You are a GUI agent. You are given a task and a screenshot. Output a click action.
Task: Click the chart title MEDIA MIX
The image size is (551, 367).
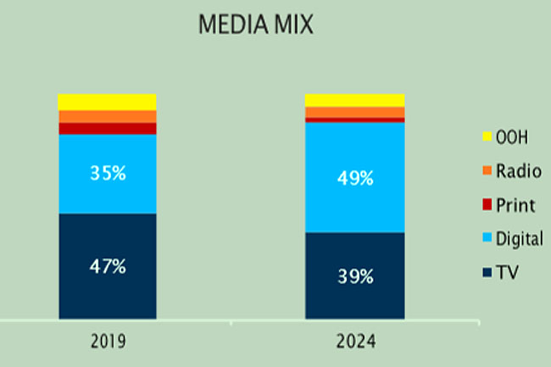coord(255,25)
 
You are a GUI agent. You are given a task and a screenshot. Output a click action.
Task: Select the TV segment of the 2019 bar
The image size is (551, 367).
coord(107,292)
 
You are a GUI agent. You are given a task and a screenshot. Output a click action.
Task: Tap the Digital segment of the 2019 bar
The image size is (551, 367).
coord(107,195)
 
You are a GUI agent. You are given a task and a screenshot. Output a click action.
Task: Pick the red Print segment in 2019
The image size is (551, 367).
coord(107,128)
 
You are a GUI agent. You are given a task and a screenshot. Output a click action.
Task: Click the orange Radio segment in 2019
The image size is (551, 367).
coord(107,116)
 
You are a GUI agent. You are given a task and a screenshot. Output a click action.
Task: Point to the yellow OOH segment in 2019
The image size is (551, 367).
coord(107,102)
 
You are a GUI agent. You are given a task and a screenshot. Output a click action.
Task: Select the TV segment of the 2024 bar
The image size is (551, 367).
coord(354,301)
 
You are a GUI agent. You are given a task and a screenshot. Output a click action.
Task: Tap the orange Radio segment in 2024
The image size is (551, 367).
coord(354,112)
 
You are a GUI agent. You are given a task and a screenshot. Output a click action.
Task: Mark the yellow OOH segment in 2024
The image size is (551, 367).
coord(354,100)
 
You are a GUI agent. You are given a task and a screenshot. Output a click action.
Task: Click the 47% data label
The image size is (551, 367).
coord(108,266)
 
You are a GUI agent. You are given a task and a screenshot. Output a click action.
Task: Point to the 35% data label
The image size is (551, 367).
coord(108,174)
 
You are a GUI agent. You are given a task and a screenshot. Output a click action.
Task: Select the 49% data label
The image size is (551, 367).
coord(355,178)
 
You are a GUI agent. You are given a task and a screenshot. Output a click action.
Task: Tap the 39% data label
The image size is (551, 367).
coord(355,275)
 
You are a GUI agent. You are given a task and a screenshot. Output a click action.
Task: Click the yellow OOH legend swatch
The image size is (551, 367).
coord(487,136)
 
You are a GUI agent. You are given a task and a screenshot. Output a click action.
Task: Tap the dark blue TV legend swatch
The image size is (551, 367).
coord(487,272)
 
